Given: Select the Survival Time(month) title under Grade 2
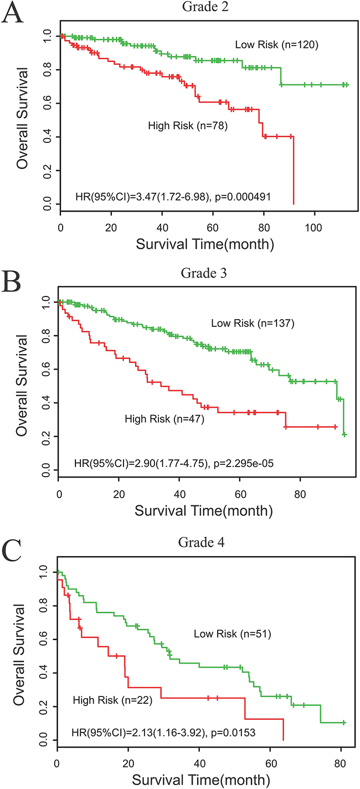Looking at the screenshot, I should tap(204, 245).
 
